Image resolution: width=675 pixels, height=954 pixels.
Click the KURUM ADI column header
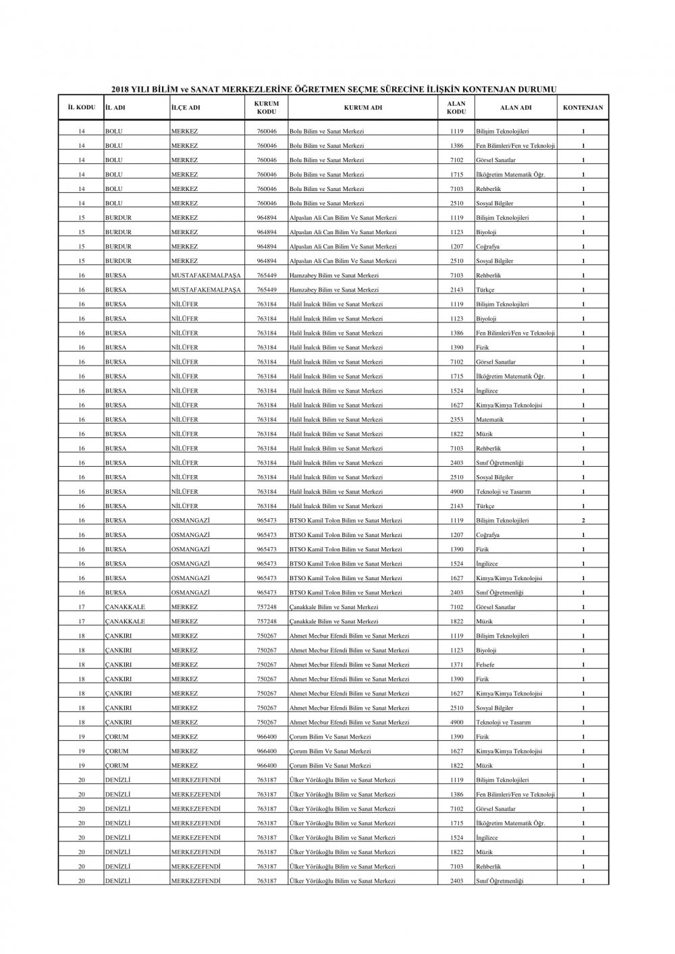tap(363, 108)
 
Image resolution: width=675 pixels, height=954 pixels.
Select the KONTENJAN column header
tap(583, 108)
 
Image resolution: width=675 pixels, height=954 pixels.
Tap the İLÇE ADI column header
tap(186, 108)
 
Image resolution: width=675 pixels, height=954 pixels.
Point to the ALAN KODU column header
tap(456, 108)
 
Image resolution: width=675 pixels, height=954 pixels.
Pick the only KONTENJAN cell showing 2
tap(583, 521)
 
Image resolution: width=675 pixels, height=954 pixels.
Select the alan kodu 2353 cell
tap(456, 420)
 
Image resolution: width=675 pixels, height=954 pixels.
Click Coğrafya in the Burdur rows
tap(488, 247)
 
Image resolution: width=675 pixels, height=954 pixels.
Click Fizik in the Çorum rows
tap(483, 737)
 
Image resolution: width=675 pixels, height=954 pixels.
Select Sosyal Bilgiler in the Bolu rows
tap(495, 204)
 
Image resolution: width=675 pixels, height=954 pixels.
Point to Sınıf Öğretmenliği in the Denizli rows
tap(500, 881)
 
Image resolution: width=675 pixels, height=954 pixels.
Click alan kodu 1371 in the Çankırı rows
tap(456, 665)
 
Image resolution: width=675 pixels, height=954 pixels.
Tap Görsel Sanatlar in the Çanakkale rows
tap(495, 607)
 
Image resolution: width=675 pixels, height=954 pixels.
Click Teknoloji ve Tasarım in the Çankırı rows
tap(503, 723)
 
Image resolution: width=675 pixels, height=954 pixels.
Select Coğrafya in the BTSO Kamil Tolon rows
tap(488, 535)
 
